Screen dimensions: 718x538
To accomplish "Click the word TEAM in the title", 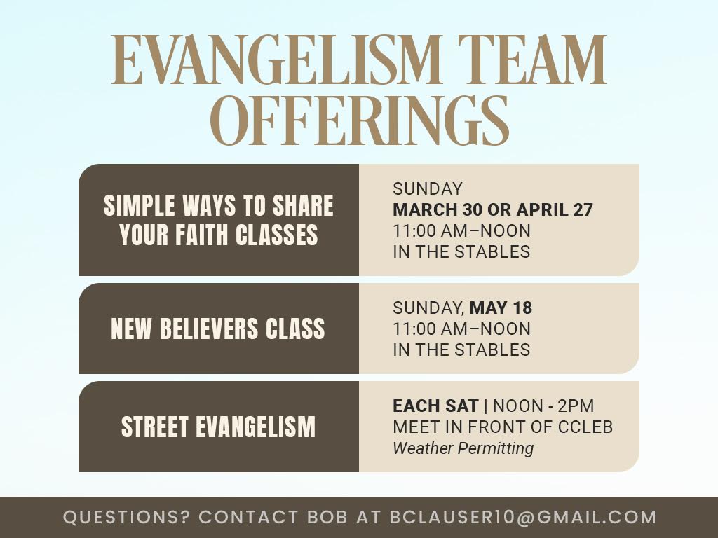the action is click(532, 60).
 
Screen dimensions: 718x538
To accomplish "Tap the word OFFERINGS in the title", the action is click(360, 120).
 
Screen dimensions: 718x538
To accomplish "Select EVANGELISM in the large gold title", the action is click(276, 60).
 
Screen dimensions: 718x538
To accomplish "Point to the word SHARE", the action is click(303, 205).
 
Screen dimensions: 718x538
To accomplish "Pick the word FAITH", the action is click(201, 235).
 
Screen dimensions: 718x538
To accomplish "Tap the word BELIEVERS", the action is click(209, 329).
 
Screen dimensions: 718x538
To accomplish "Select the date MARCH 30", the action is click(438, 209).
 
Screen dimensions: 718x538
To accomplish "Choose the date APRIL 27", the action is click(555, 209).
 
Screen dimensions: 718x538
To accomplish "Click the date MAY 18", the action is click(501, 308).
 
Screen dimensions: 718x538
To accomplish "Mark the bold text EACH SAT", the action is click(435, 406).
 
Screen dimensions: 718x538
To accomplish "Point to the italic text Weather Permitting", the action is click(463, 448).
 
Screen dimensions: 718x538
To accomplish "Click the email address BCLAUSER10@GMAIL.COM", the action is click(523, 517).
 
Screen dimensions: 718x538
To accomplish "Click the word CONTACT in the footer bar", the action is click(249, 517).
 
